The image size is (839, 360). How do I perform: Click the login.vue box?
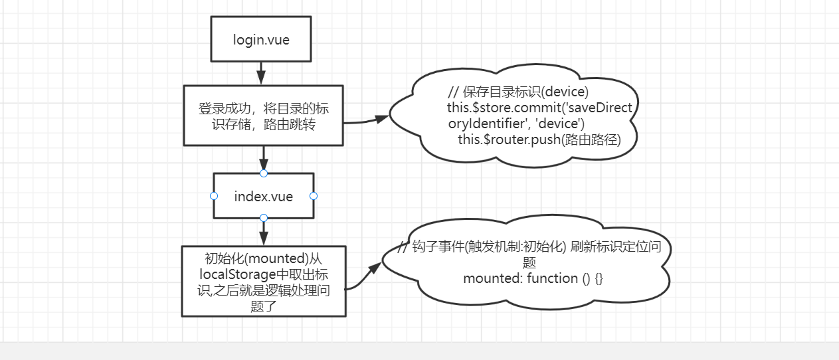pyautogui.click(x=261, y=39)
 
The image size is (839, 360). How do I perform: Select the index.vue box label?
pyautogui.click(x=264, y=197)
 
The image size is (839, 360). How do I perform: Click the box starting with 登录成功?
pyautogui.click(x=263, y=116)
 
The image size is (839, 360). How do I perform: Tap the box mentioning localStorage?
pyautogui.click(x=264, y=281)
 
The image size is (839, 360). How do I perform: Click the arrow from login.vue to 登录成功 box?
pyautogui.click(x=261, y=72)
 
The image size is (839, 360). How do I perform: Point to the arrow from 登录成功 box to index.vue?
pyautogui.click(x=264, y=159)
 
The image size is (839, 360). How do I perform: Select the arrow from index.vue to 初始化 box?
pyautogui.click(x=264, y=232)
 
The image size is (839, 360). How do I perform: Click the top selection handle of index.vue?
pyautogui.click(x=264, y=173)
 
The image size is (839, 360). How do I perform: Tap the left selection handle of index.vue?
pyautogui.click(x=214, y=196)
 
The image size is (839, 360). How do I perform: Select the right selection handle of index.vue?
pyautogui.click(x=314, y=196)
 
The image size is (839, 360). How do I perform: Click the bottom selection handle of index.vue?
pyautogui.click(x=264, y=218)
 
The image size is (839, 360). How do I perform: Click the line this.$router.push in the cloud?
pyautogui.click(x=538, y=139)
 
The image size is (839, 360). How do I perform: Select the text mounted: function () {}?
pyautogui.click(x=533, y=278)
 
